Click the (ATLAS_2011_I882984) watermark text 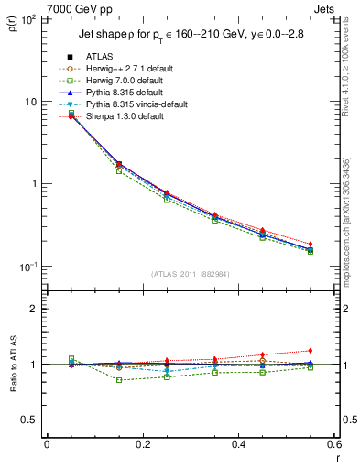[190, 274]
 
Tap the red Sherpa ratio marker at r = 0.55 [311, 351]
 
